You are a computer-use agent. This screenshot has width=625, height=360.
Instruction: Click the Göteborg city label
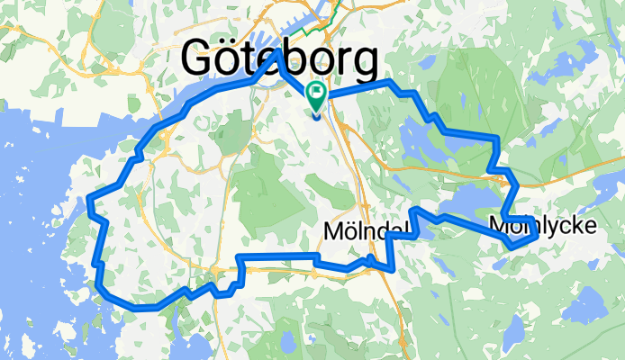[x=279, y=59]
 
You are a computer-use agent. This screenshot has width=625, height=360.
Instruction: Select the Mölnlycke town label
[x=543, y=224]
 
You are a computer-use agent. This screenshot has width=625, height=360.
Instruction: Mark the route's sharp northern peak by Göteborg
[x=277, y=54]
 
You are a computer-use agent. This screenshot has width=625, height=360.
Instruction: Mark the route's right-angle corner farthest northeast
[x=496, y=138]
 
